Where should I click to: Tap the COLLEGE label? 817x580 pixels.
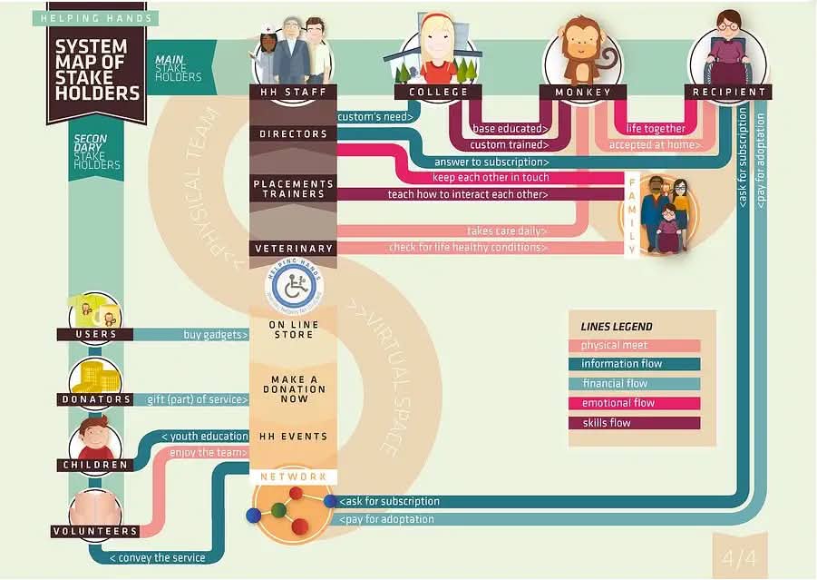click(x=438, y=92)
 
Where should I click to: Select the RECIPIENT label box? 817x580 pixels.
click(x=730, y=92)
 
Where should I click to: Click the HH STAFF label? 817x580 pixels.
click(x=293, y=92)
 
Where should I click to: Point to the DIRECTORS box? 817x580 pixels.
click(x=293, y=134)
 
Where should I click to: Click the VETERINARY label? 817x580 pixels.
click(x=293, y=249)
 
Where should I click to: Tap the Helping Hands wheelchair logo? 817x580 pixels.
click(x=294, y=285)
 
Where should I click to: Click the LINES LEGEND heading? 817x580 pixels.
click(x=617, y=327)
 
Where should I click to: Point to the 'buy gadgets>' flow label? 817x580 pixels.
click(x=216, y=335)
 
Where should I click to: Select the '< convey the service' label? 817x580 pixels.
click(x=158, y=557)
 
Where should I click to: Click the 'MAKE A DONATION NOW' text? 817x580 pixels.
click(x=294, y=389)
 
